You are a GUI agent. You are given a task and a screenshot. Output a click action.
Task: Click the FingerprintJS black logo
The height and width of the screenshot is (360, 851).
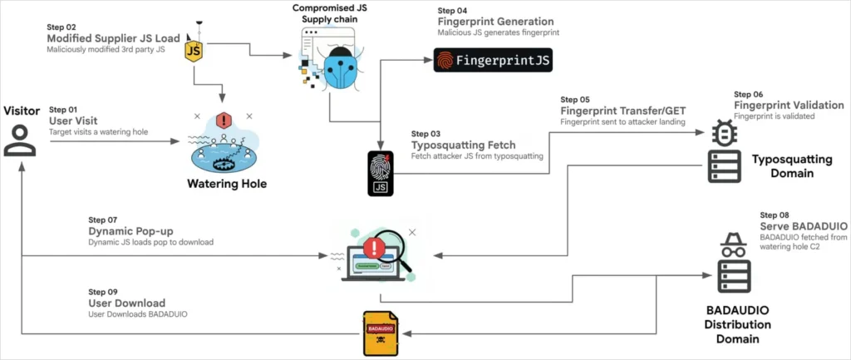(x=493, y=61)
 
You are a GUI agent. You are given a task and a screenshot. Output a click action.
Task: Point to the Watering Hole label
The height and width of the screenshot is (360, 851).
(x=226, y=184)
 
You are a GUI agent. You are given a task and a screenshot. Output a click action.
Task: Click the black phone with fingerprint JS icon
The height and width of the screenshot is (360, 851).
(x=380, y=172)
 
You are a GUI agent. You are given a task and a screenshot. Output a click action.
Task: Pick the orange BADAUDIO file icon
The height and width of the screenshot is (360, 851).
(x=380, y=331)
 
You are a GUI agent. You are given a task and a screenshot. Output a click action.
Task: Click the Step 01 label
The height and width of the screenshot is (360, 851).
(x=63, y=110)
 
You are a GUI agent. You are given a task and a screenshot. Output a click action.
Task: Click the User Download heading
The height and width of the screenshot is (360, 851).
(x=126, y=303)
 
